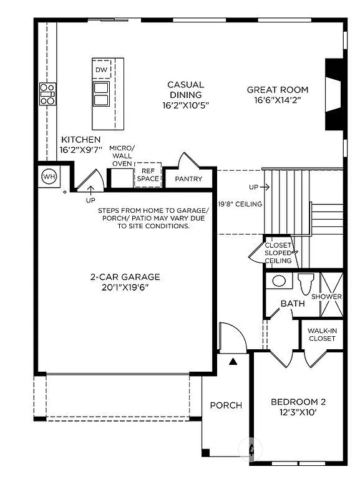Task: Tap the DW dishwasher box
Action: coord(101,69)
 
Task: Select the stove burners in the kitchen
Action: coord(47,94)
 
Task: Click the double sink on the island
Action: coord(101,94)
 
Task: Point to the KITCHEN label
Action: coord(80,140)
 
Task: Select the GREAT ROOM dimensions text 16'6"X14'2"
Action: coord(278,100)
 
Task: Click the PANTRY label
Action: coord(187,179)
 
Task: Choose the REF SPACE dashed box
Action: coord(148,175)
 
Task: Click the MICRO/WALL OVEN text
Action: coord(122,155)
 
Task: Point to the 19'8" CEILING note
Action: coord(240,204)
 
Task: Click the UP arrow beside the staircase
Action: coord(259,186)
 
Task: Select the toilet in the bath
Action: coord(305,284)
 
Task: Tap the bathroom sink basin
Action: coord(279,281)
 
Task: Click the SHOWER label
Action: coord(327,296)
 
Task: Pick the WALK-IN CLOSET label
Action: coord(322,334)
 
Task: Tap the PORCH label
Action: coord(226,405)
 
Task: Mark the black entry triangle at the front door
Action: coord(233,360)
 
